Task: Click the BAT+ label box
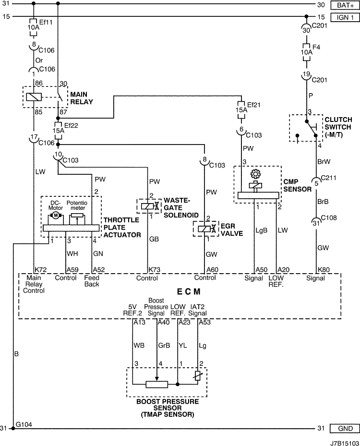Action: pos(345,5)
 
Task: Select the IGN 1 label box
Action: pos(345,17)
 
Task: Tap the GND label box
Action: pos(345,428)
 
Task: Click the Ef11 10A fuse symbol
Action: pos(34,27)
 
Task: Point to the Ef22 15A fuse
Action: pos(58,131)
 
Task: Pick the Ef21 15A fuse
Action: pos(241,110)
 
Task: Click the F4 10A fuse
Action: pos(306,52)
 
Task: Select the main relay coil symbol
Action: pos(34,97)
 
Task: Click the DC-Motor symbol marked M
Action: pos(56,216)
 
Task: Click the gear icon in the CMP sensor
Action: pos(255,174)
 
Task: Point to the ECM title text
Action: pos(189,292)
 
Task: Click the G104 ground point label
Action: pos(24,425)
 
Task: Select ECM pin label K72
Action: pos(41,270)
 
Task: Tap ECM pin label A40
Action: pos(164,322)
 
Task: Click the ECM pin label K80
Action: pos(324,270)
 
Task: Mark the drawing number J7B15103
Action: pos(344,443)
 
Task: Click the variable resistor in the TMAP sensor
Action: pos(198,375)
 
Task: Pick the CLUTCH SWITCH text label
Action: pos(338,123)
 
